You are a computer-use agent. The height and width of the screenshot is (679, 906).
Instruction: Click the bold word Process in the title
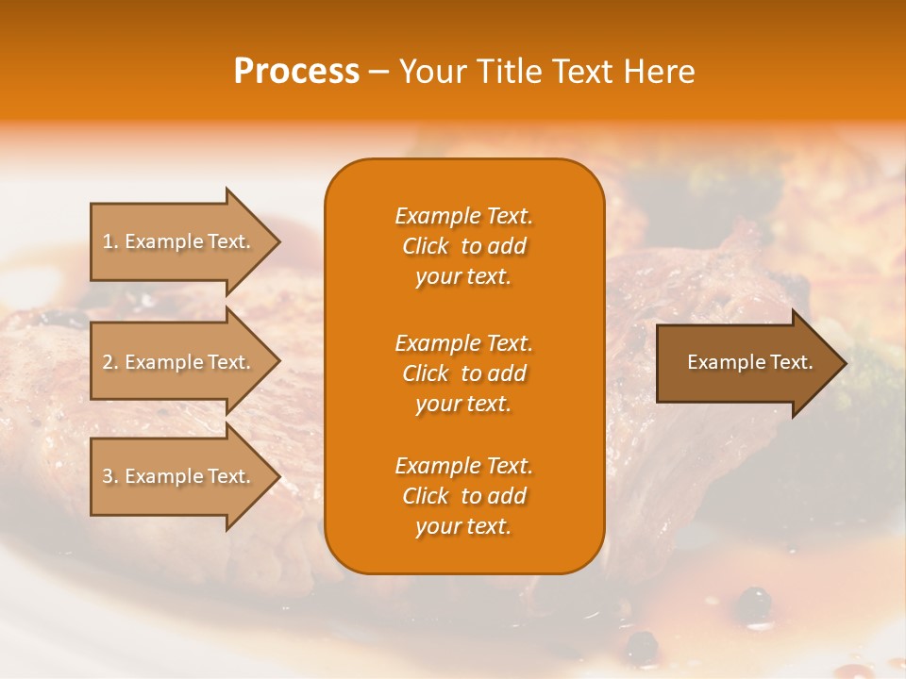point(296,72)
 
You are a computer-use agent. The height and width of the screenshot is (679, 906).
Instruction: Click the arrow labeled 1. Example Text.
point(179,241)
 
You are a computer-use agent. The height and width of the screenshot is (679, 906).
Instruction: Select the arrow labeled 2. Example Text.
point(179,362)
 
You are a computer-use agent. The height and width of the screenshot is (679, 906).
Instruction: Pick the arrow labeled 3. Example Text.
point(179,476)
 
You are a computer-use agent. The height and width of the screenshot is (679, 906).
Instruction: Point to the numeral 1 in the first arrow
point(107,241)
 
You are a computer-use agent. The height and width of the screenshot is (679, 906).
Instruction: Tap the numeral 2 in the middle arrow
point(108,362)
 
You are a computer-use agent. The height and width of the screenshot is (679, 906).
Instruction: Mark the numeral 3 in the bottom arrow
point(108,476)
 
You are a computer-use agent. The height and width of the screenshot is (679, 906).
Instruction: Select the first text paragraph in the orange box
point(463,246)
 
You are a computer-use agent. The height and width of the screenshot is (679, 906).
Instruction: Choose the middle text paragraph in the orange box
point(463,373)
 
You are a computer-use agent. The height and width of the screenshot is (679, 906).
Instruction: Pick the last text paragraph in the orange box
point(463,496)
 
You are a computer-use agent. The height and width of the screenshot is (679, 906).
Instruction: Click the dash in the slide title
point(379,73)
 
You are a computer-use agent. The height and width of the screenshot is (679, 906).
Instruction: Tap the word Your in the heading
point(433,72)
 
